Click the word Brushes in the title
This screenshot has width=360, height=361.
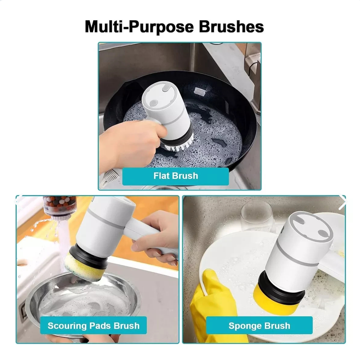(231, 27)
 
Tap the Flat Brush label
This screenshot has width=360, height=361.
(176, 176)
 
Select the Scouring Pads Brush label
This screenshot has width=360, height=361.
(93, 326)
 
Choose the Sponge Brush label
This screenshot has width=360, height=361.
(259, 326)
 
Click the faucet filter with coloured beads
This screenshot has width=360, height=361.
(59, 207)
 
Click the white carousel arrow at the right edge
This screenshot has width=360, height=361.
(342, 202)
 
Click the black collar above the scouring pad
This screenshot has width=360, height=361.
(90, 254)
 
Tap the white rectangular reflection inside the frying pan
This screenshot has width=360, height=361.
(199, 92)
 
